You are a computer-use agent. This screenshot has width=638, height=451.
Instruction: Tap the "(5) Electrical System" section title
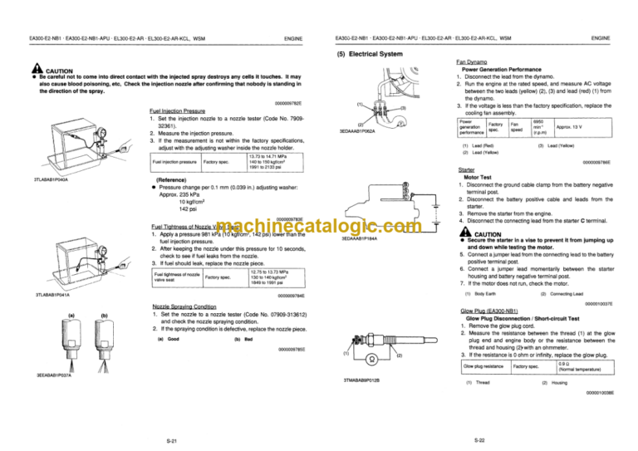click(371, 55)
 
